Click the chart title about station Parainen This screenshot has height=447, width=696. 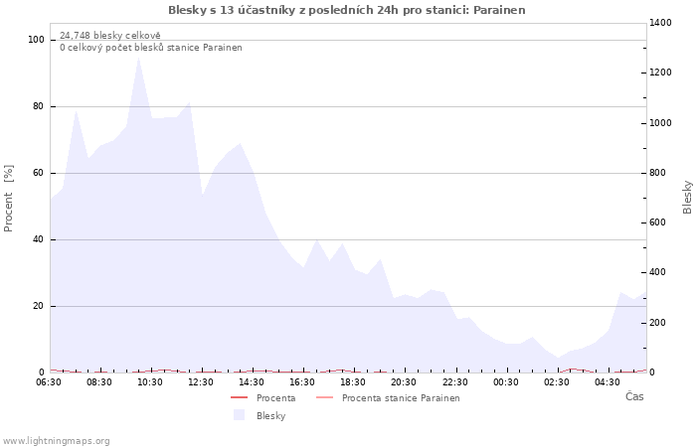pyautogui.click(x=347, y=10)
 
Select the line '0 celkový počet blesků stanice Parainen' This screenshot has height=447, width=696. pyautogui.click(x=150, y=47)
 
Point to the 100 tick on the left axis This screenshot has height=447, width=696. pyautogui.click(x=37, y=40)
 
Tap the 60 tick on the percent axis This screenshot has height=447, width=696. pyautogui.click(x=39, y=173)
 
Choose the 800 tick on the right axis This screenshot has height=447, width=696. pyautogui.click(x=659, y=173)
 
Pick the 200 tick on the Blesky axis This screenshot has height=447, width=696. pyautogui.click(x=659, y=323)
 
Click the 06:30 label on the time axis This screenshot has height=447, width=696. pyautogui.click(x=49, y=382)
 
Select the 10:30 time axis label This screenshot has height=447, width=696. pyautogui.click(x=150, y=382)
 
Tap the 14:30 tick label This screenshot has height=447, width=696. pyautogui.click(x=252, y=382)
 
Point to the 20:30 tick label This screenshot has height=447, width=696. pyautogui.click(x=404, y=382)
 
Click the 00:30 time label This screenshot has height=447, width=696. pyautogui.click(x=505, y=382)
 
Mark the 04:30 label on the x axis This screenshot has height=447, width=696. pyautogui.click(x=607, y=382)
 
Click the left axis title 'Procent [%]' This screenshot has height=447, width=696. pyautogui.click(x=9, y=198)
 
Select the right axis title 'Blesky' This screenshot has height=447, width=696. pyautogui.click(x=687, y=197)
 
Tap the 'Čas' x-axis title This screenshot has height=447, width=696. pyautogui.click(x=633, y=396)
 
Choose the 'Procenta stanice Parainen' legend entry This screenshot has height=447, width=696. pyautogui.click(x=400, y=398)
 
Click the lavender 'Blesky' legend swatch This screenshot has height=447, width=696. pyautogui.click(x=239, y=415)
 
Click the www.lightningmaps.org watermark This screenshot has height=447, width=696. pyautogui.click(x=56, y=441)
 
